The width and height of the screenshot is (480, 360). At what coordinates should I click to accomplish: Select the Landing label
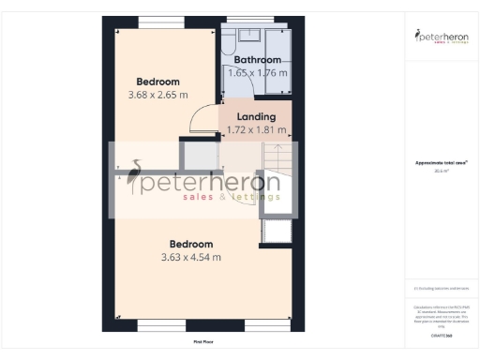click(256, 117)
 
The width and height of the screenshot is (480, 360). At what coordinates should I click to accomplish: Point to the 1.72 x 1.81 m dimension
click(256, 130)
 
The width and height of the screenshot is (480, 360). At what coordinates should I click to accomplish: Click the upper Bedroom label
click(157, 81)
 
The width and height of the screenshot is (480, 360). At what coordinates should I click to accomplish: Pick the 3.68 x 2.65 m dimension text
click(157, 95)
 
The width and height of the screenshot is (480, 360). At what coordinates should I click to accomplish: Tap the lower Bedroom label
click(191, 244)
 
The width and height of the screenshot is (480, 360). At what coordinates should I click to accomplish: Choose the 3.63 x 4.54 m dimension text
click(191, 257)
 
